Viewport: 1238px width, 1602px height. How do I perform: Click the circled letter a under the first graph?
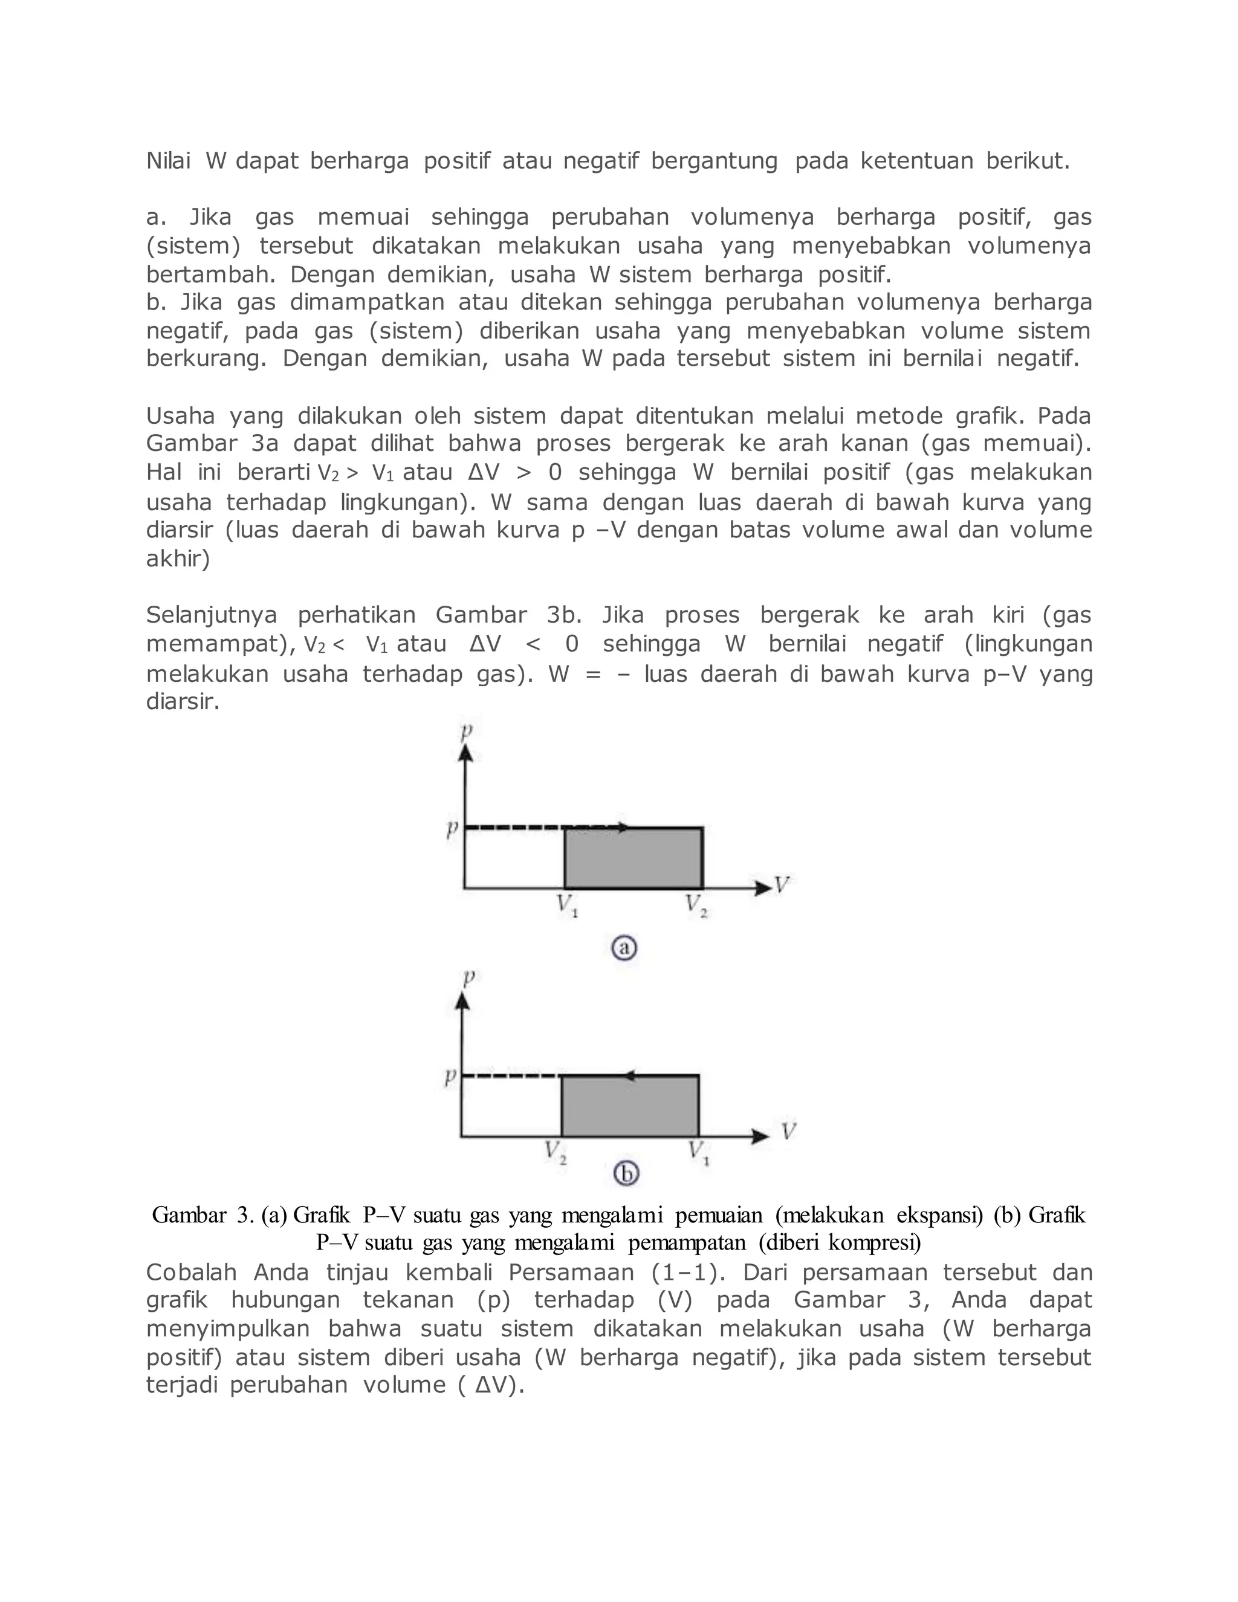pyautogui.click(x=624, y=949)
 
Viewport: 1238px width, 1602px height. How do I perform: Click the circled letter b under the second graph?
pyautogui.click(x=626, y=1175)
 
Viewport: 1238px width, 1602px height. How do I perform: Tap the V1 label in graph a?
pyautogui.click(x=567, y=906)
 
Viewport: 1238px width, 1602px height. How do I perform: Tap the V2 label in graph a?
pyautogui.click(x=696, y=906)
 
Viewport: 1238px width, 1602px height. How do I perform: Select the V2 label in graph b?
pyautogui.click(x=555, y=1153)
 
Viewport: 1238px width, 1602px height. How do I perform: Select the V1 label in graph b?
pyautogui.click(x=698, y=1153)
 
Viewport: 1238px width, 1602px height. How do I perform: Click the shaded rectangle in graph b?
pyautogui.click(x=630, y=1107)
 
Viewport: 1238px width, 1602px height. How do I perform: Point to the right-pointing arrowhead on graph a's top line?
pyautogui.click(x=623, y=828)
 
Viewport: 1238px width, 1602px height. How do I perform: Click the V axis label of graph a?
pyautogui.click(x=782, y=884)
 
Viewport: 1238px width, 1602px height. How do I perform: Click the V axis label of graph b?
pyautogui.click(x=788, y=1131)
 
